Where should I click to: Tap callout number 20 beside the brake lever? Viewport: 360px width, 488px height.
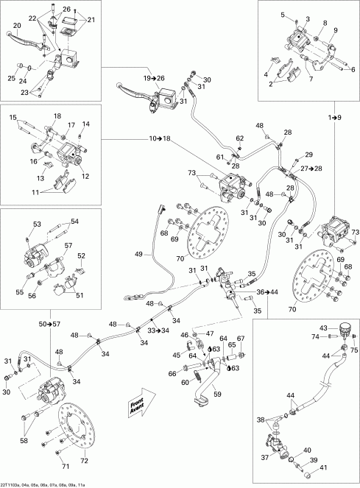[x=15, y=26]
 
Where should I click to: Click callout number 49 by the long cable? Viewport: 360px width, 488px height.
[x=139, y=254]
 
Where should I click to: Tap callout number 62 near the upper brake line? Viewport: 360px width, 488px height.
[x=240, y=138]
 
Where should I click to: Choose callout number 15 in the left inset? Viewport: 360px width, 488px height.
[x=13, y=118]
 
